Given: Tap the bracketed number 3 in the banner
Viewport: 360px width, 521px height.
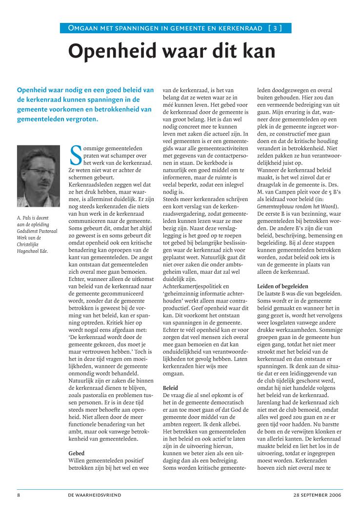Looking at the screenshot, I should tap(275, 28).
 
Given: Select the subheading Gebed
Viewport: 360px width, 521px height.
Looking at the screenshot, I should tap(77, 453).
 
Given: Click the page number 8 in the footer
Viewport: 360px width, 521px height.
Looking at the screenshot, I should tap(18, 495).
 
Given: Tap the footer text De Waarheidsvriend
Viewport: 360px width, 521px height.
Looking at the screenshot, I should tap(95, 495).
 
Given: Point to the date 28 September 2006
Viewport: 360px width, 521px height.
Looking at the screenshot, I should tap(318, 495).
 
